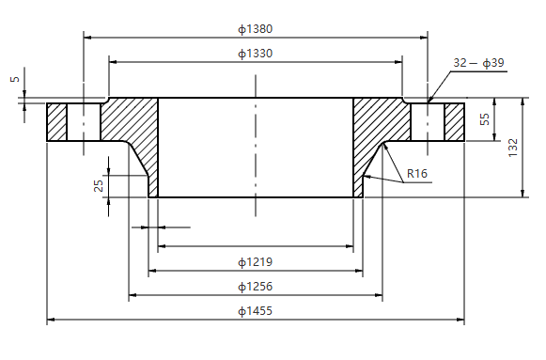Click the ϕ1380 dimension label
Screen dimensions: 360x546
(x=256, y=29)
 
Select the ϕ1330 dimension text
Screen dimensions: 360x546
(x=256, y=54)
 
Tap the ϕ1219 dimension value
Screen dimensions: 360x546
(x=256, y=261)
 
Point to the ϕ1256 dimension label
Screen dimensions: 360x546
(x=256, y=286)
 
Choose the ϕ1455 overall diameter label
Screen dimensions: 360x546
(x=256, y=310)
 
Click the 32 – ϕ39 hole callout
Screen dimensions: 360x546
(x=478, y=63)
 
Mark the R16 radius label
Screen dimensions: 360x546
(x=417, y=174)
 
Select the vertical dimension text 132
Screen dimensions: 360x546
(x=513, y=148)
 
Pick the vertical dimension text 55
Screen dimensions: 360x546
(x=485, y=119)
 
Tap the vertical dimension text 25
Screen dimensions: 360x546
(x=99, y=185)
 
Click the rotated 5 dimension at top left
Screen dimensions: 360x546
(x=14, y=80)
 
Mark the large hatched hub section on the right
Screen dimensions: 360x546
(x=381, y=127)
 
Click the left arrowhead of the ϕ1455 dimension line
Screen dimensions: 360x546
(x=51, y=321)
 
